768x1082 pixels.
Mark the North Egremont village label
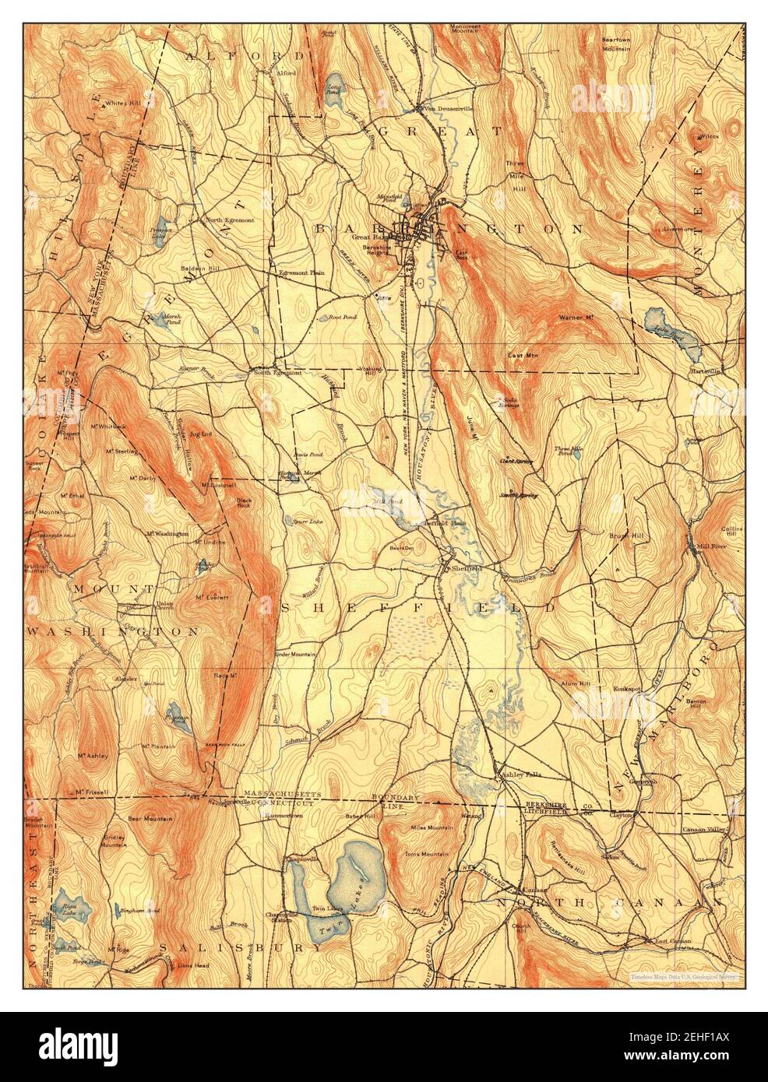click(x=230, y=220)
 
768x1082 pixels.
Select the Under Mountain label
click(x=295, y=654)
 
